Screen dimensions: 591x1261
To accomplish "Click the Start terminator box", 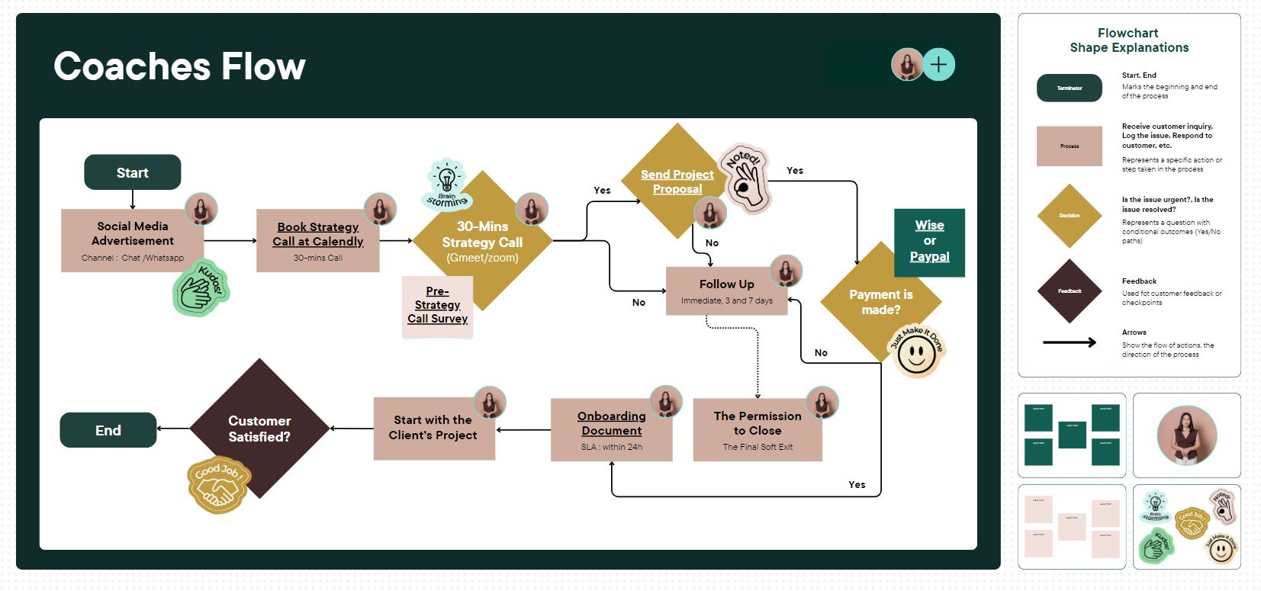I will coord(132,172).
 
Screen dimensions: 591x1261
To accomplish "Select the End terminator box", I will coord(108,430).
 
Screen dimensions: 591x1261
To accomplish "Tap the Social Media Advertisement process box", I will coord(132,240).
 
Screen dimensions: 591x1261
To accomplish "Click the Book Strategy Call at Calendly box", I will coord(317,241).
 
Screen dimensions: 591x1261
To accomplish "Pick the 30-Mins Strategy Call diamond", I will coord(482,242).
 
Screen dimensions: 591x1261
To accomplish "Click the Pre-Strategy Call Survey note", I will coord(437,306).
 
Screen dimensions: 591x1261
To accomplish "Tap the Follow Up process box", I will coord(726,291).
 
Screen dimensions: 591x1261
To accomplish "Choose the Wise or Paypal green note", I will coord(929,242).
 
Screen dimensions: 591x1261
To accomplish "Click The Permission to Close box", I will coord(757,430).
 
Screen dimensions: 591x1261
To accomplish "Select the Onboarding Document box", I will coord(611,430).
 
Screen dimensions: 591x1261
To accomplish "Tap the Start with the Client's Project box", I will coord(433,429).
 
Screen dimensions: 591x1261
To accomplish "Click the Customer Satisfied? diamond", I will coord(259,428).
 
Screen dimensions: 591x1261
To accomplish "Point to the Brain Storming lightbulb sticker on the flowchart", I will coord(447,185).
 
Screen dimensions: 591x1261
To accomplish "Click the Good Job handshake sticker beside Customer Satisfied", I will coord(218,484).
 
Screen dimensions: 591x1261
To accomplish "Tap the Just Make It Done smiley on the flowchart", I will coord(916,351).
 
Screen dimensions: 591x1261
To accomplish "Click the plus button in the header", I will coord(938,65).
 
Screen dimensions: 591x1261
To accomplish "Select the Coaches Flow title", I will coord(179,66).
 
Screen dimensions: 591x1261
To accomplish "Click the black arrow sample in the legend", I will coord(1070,342).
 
